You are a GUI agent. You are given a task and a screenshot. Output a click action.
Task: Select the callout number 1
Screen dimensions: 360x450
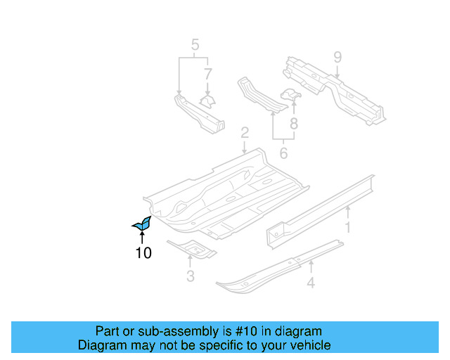click(347, 227)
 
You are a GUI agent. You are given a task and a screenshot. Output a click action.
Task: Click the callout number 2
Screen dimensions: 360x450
click(244, 132)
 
